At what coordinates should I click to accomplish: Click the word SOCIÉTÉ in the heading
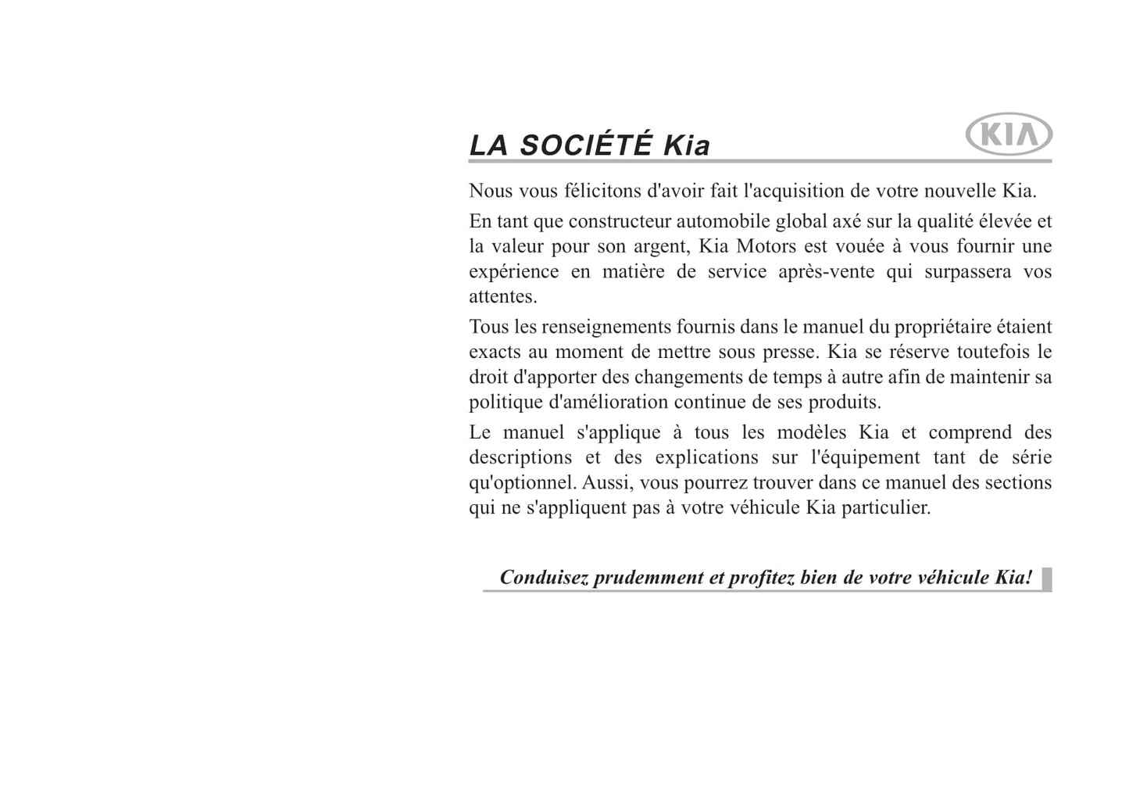(585, 146)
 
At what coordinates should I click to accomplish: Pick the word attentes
(502, 297)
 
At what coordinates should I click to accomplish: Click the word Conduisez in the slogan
(544, 578)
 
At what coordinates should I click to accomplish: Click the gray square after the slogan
(1047, 578)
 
